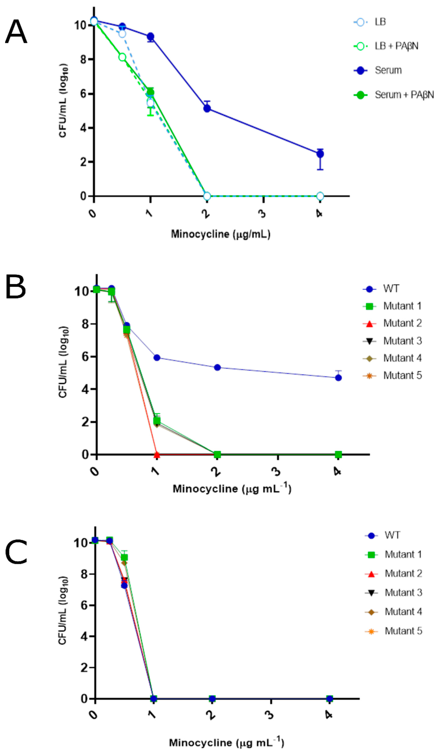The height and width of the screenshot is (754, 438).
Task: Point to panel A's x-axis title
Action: click(221, 234)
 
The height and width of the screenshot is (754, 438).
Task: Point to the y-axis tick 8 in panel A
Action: click(83, 59)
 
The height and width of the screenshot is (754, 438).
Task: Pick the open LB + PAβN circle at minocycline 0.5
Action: click(122, 57)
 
